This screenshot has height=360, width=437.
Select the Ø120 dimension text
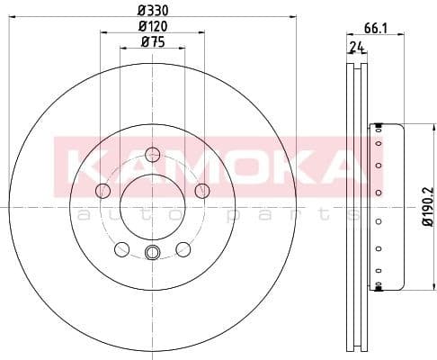click(x=151, y=26)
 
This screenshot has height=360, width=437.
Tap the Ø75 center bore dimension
click(x=151, y=43)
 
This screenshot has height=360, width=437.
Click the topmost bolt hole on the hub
click(x=152, y=153)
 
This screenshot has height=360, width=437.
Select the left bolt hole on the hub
click(x=103, y=191)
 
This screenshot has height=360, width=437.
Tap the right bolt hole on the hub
click(x=201, y=190)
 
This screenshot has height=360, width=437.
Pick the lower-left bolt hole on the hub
click(x=121, y=249)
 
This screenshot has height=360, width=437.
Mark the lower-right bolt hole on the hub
click(x=183, y=249)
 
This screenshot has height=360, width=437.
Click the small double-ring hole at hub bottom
click(x=152, y=253)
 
